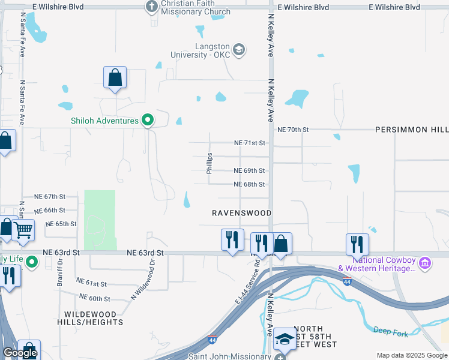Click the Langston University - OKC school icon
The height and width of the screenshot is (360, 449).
coord(239,49)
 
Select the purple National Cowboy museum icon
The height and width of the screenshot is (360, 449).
coord(425,263)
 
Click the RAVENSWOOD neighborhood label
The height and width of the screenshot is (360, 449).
coord(242,213)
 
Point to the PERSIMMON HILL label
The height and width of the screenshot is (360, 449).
coord(411,130)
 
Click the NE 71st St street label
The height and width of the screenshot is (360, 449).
coord(249,143)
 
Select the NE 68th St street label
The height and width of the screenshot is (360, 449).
coord(249,184)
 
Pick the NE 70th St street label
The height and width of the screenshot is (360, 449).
coord(292,130)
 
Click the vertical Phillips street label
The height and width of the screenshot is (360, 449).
coord(209,163)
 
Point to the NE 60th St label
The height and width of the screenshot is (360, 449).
coord(95,298)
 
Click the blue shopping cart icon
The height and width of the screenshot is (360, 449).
coord(23,229)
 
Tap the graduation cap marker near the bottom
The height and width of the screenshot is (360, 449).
coord(285,338)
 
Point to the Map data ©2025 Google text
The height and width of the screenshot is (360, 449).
coord(412,355)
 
